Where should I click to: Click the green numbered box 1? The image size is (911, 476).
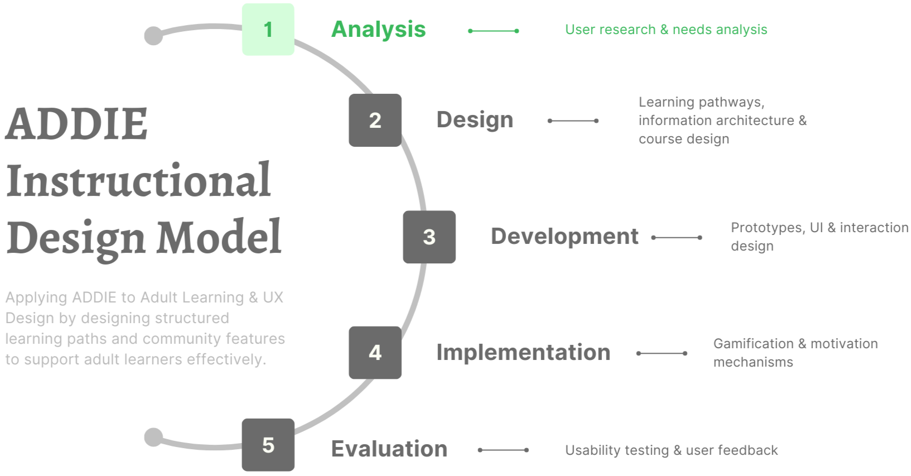coord(268,30)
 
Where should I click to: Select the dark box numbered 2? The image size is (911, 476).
coord(375,120)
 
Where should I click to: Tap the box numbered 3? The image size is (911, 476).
coord(429,237)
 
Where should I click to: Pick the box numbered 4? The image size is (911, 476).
coord(375,352)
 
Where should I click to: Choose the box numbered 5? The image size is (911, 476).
coord(268,445)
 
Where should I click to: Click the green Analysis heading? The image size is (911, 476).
coord(378,30)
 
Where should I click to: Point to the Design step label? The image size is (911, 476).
coord(474,120)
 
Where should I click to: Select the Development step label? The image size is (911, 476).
coord(564,237)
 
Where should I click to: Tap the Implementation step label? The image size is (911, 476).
coord(523,353)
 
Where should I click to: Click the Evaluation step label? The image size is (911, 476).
coord(389,449)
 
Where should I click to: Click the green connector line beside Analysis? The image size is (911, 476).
coord(494,31)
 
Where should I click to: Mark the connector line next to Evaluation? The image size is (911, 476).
coord(503,450)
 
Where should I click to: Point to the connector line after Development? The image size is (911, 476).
coord(677,237)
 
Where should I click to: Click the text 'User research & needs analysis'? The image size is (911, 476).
coord(666,30)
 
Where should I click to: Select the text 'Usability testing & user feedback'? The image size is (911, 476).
coord(671,450)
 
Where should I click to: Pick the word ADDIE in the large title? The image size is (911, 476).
coord(76,124)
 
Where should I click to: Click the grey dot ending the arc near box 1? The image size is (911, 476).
coord(153,36)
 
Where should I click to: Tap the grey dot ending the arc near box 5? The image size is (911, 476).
coord(153,437)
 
